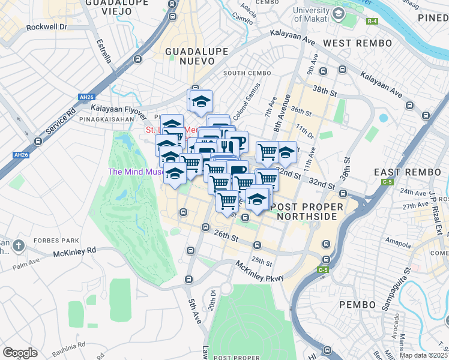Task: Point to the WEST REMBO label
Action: pyautogui.click(x=349, y=43)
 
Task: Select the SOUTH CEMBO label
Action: pyautogui.click(x=243, y=73)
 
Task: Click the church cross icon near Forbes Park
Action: pyautogui.click(x=19, y=245)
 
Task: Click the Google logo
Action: pyautogui.click(x=20, y=352)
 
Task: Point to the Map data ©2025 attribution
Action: pyautogui.click(x=424, y=355)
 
